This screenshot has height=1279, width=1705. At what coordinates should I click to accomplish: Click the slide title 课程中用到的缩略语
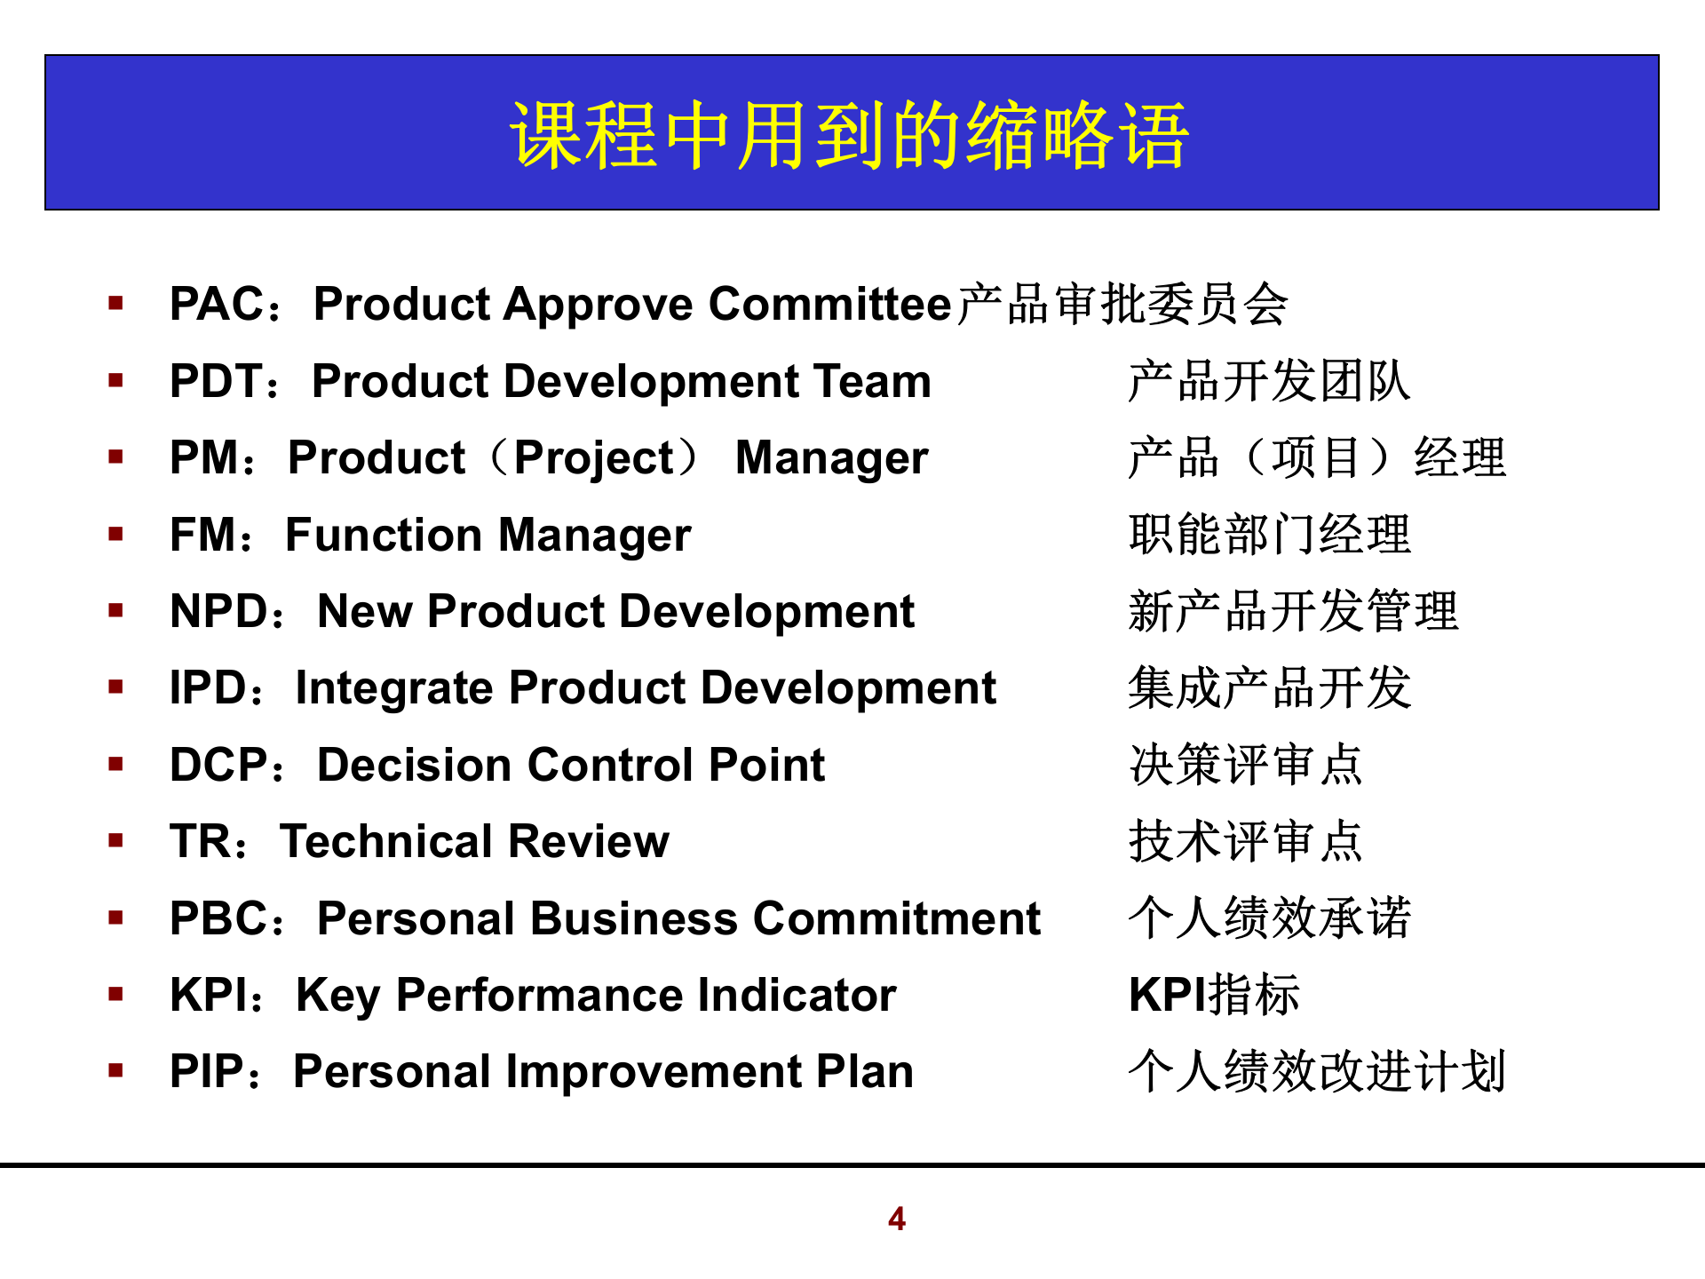click(850, 135)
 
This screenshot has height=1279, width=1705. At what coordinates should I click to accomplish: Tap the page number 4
click(896, 1219)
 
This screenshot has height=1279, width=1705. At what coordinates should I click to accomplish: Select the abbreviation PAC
click(216, 305)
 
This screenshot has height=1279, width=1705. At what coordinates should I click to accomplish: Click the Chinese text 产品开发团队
click(1269, 382)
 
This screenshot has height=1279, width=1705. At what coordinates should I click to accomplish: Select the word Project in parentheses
click(594, 459)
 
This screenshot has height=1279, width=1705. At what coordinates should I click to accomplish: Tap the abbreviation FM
click(203, 536)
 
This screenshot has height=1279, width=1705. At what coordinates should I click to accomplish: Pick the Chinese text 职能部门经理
click(1269, 536)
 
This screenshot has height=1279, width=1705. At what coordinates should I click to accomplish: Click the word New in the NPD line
click(364, 612)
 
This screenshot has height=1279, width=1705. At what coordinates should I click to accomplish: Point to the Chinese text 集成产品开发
click(1269, 689)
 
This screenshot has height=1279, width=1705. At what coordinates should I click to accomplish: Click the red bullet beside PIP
click(115, 1070)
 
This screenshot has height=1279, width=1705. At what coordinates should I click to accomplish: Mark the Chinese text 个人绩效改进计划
click(1317, 1072)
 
